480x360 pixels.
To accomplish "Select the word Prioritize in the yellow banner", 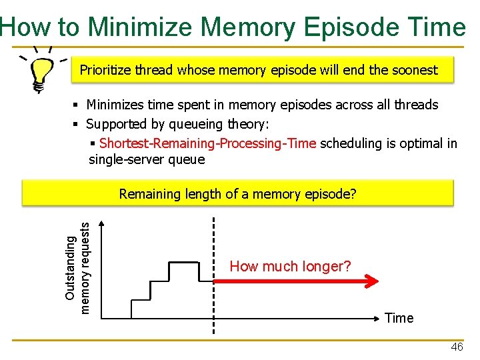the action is [x=105, y=70].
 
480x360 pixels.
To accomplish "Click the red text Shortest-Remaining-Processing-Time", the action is [x=207, y=143].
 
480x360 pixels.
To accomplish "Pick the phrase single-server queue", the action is [x=147, y=159].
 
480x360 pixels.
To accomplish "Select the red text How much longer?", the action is [x=290, y=267].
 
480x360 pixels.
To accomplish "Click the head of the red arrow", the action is [x=375, y=281].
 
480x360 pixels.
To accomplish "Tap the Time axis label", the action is [x=399, y=318].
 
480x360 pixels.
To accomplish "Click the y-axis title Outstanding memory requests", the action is [x=78, y=267].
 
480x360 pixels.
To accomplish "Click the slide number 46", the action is [x=457, y=347].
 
